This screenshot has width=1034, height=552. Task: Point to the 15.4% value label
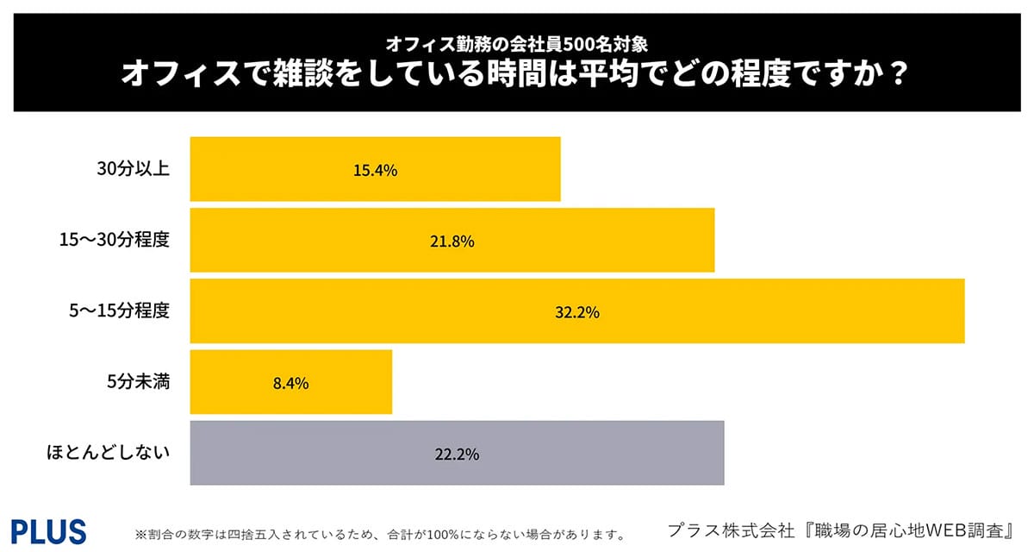375,171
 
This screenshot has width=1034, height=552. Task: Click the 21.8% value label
452,241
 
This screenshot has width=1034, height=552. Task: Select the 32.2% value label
576,312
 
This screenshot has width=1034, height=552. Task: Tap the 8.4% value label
290,383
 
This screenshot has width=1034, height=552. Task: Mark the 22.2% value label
457,454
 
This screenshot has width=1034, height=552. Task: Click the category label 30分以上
133,169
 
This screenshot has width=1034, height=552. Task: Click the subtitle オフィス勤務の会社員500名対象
516,42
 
